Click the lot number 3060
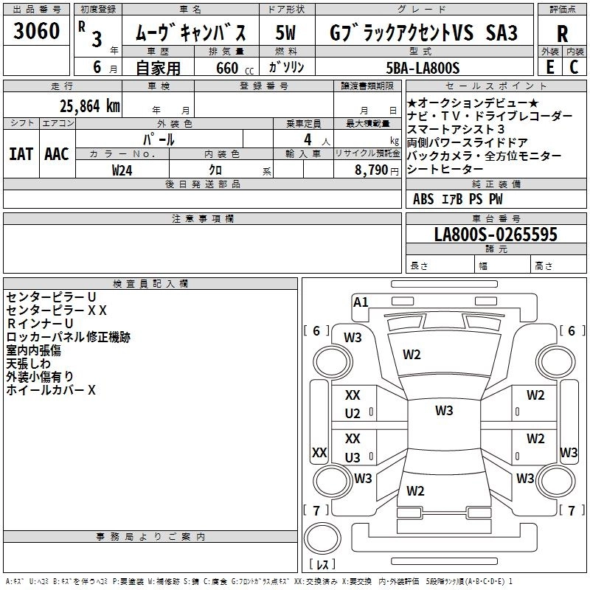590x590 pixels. click(36, 32)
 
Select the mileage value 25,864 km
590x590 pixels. click(90, 105)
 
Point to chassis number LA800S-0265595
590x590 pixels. click(496, 235)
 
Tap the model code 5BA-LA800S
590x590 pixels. click(423, 68)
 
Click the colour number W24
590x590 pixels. click(122, 170)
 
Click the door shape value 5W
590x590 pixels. click(286, 32)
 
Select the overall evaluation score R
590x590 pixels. click(562, 33)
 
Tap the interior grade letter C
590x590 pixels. click(574, 67)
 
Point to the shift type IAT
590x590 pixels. click(21, 153)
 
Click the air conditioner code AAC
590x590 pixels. click(57, 153)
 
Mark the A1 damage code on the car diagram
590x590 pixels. click(361, 302)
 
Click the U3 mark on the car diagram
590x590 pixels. click(353, 457)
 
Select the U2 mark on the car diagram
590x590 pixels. click(353, 414)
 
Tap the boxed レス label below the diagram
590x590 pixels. click(322, 564)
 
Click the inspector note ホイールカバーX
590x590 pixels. click(51, 390)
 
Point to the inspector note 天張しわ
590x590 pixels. click(29, 364)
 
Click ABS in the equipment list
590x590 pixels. click(423, 198)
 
